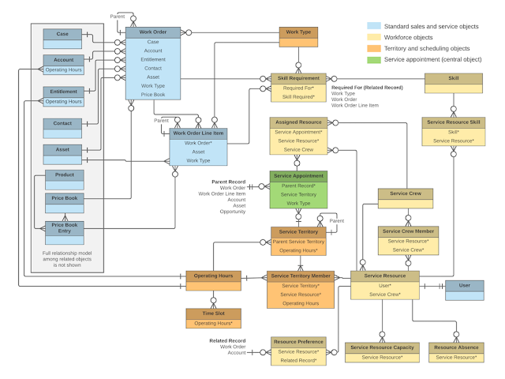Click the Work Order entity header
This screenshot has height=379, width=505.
click(x=153, y=32)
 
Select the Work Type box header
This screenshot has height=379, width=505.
click(x=298, y=32)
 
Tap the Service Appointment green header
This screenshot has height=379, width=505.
click(x=298, y=176)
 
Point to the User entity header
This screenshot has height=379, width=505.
click(x=465, y=285)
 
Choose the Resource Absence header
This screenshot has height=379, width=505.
click(x=456, y=347)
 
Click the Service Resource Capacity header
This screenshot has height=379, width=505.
click(x=382, y=347)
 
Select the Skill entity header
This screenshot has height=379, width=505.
click(x=454, y=78)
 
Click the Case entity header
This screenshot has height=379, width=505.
click(x=63, y=34)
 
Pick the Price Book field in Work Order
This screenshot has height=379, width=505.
click(x=153, y=95)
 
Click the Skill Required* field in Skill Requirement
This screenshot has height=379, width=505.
click(x=298, y=97)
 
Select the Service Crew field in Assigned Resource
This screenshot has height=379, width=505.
click(x=298, y=149)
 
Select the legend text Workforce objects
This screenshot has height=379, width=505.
click(x=413, y=37)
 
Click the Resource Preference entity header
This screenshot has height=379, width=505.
click(x=298, y=341)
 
